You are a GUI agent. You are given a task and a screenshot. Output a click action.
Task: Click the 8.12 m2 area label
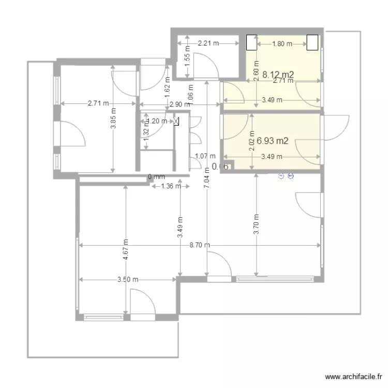[x=278, y=74]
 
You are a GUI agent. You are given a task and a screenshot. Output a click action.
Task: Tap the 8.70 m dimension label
[x=200, y=245]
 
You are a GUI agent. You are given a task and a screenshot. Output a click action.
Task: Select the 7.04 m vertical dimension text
[x=207, y=182]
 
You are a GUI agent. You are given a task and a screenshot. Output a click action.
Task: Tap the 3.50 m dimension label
[x=128, y=280]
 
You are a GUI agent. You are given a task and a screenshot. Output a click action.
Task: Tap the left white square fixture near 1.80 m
[x=251, y=42]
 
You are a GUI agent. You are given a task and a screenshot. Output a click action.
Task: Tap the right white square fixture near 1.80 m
[x=312, y=42]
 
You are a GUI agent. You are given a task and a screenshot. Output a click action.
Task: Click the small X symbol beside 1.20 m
[x=176, y=122]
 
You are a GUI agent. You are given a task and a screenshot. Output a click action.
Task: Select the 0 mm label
[x=156, y=177]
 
